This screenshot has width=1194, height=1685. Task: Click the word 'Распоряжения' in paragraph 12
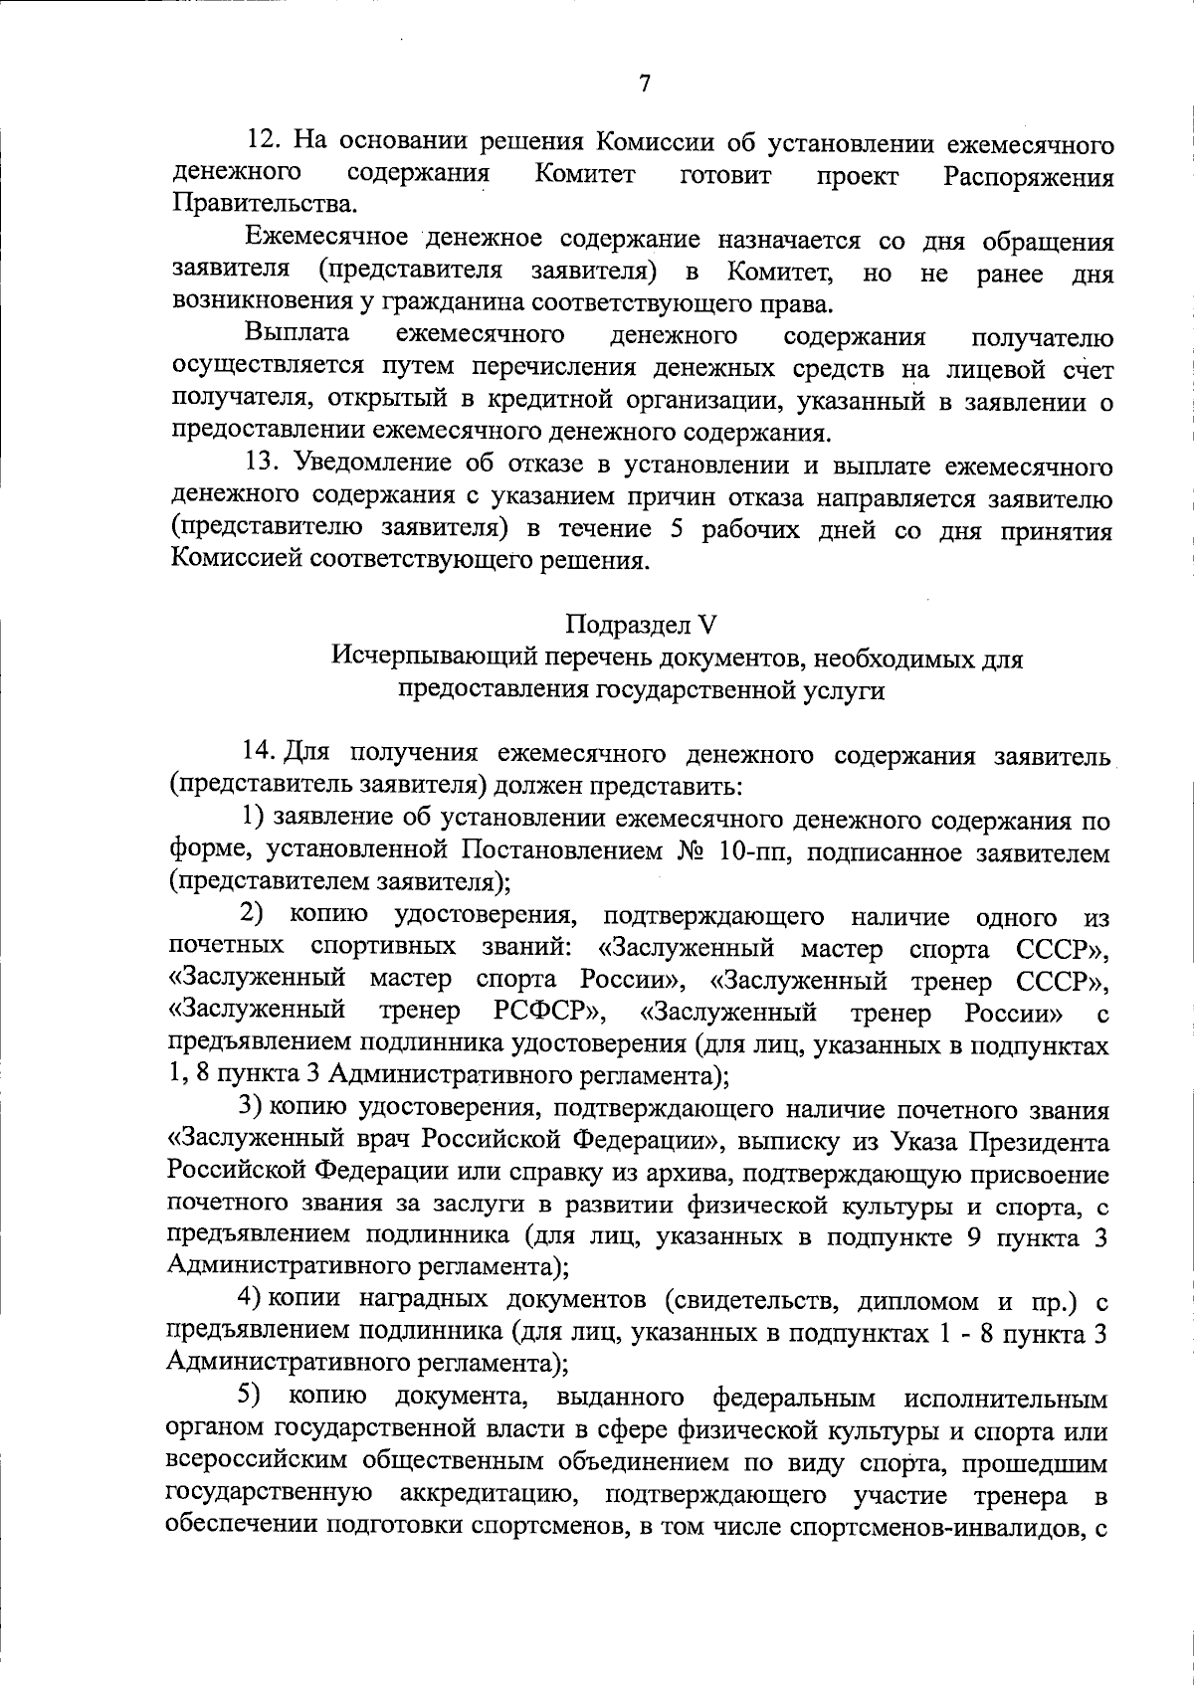tap(1027, 177)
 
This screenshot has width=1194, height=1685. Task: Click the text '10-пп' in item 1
tap(758, 850)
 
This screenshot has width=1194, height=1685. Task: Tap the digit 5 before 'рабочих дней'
tap(677, 529)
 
